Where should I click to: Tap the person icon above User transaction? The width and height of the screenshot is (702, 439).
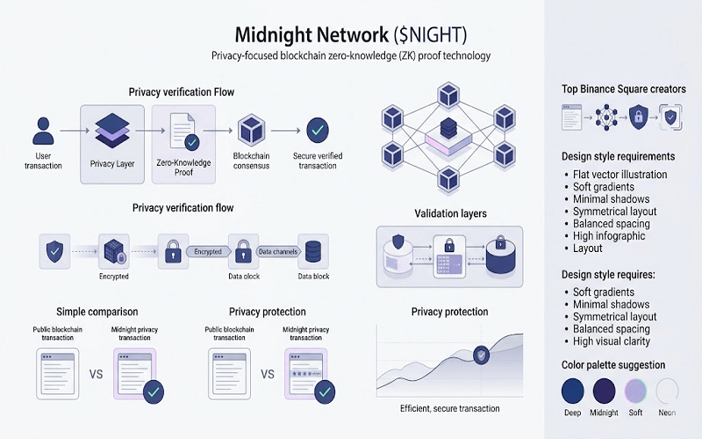pos(43,131)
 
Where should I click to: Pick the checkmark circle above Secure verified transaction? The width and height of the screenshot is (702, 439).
pos(317,131)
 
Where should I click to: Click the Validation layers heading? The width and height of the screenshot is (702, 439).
pos(450,213)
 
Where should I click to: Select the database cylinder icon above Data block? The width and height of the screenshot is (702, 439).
pos(312,252)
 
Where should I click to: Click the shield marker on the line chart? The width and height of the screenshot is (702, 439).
pos(481,356)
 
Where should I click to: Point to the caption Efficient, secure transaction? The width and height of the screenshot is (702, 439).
pos(449,408)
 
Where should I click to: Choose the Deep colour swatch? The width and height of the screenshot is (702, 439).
pos(573,389)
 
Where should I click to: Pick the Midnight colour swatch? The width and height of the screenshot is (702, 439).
pos(604,389)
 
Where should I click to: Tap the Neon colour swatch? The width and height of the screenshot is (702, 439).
pos(667,389)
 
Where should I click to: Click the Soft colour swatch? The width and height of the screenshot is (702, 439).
pos(635,389)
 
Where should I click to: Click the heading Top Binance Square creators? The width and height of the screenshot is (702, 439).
pos(623,89)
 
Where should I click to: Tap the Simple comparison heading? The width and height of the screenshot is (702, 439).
pos(97,312)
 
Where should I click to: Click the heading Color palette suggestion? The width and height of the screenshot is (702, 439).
pos(613,364)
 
